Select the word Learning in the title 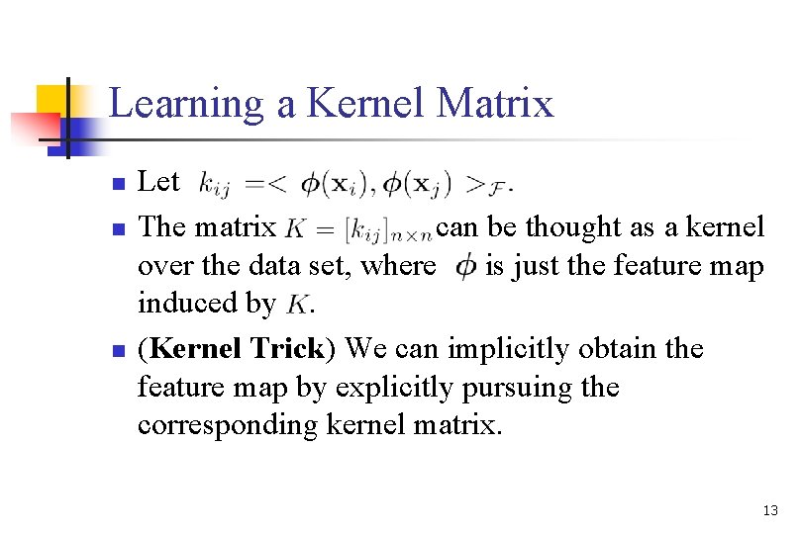(187, 103)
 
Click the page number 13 (770, 510)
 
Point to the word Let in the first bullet (158, 181)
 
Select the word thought (573, 227)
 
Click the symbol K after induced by (298, 305)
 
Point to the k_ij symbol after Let (217, 183)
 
